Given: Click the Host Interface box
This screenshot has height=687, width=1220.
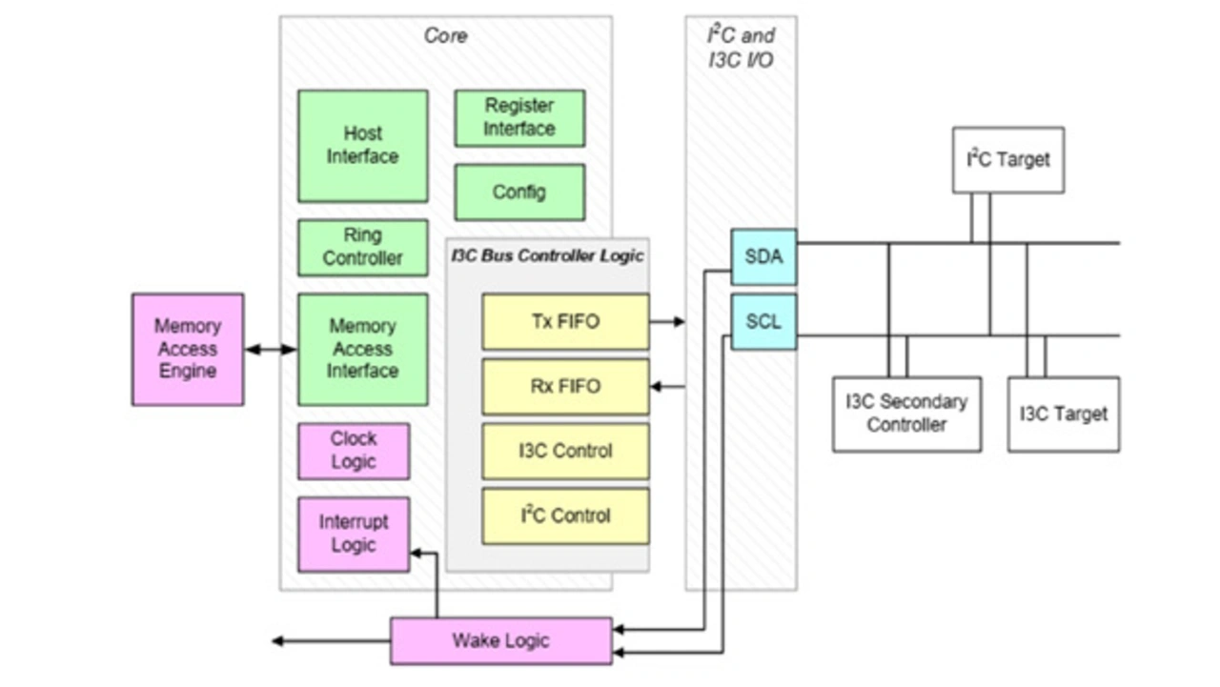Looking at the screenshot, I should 362,146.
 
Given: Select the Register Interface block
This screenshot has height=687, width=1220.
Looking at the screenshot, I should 519,118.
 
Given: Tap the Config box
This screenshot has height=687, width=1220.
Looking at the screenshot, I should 519,192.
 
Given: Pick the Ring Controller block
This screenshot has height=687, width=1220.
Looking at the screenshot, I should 362,247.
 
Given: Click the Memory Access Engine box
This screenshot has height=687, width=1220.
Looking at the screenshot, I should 188,349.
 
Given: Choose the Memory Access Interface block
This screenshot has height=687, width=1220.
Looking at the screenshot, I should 362,349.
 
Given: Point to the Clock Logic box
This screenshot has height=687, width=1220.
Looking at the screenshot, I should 354,451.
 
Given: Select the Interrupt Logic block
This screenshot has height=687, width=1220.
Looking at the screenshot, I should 354,534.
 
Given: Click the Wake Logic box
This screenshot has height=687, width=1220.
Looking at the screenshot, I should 500,640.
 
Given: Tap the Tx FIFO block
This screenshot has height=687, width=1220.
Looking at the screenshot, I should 565,322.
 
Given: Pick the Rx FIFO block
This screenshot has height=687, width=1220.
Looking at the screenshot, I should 565,386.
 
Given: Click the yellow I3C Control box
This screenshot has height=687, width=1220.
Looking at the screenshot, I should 565,451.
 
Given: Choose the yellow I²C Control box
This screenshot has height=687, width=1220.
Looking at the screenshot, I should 565,515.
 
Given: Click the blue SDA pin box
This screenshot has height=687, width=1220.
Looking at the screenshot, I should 763,256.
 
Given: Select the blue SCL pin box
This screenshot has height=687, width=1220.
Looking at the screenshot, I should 763,322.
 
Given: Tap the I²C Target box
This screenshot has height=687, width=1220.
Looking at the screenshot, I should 1008,160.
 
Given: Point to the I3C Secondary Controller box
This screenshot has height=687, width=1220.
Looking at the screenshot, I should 906,414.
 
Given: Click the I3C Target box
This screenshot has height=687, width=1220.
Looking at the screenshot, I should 1064,414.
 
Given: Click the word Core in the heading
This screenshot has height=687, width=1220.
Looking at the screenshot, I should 445,36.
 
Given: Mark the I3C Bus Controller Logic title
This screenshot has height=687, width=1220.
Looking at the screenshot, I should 547,255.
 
